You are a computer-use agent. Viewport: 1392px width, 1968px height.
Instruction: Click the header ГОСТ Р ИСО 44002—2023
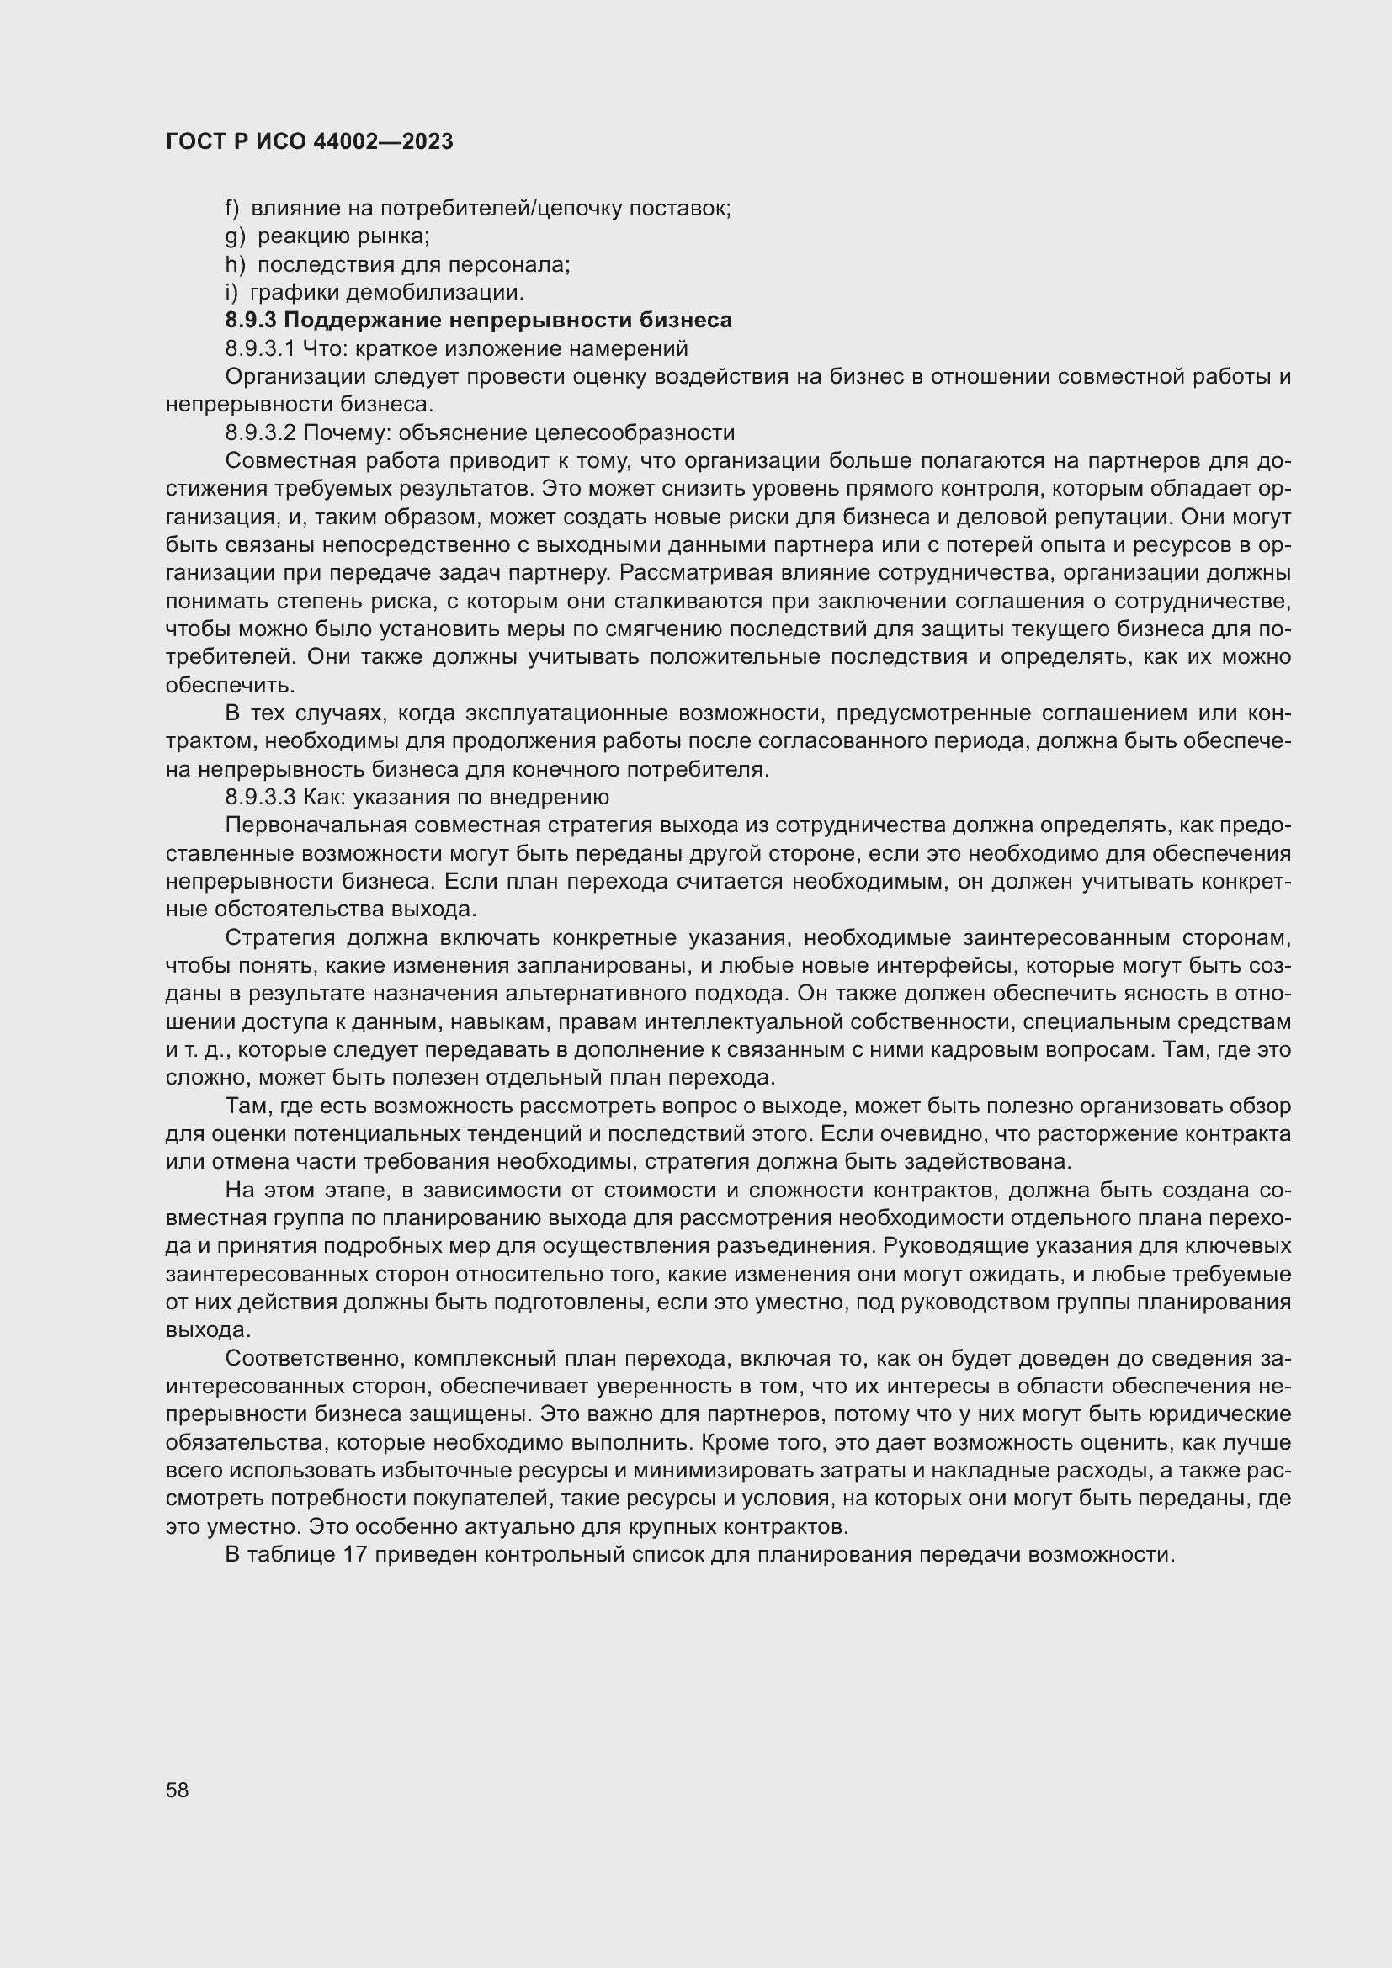tap(309, 141)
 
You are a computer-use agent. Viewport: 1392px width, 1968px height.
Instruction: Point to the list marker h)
tap(235, 265)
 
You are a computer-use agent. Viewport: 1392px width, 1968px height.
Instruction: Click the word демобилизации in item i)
tap(434, 292)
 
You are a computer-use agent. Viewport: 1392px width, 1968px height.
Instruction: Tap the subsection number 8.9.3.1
tap(260, 349)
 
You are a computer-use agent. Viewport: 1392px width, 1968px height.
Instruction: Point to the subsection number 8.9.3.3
tap(260, 797)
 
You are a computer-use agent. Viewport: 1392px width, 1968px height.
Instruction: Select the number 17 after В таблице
tap(355, 1554)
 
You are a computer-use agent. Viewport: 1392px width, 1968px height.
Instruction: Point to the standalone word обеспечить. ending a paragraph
tap(206, 686)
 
